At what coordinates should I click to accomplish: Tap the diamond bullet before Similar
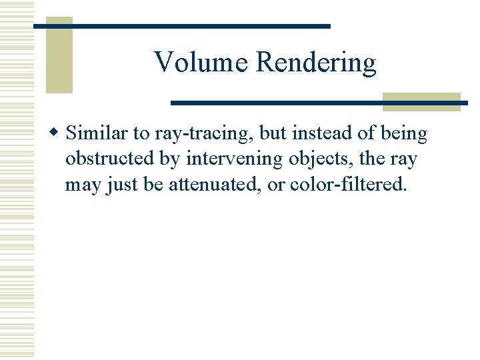(x=57, y=133)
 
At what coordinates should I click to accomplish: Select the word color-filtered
(x=348, y=184)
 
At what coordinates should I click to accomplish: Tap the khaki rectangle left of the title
(x=59, y=55)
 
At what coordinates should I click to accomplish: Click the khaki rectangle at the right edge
(x=421, y=101)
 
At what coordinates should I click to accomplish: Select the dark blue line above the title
(x=181, y=26)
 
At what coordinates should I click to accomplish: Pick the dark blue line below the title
(x=319, y=103)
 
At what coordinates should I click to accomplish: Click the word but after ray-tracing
(x=273, y=133)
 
